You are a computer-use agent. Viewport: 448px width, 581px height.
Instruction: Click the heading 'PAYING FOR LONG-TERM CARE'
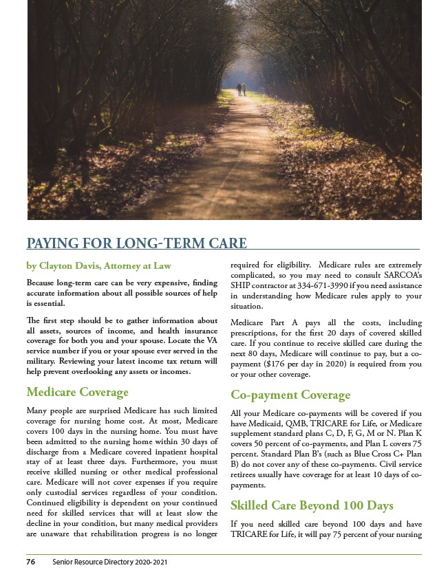(136, 243)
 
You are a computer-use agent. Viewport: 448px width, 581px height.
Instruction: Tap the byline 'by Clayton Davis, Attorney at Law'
(98, 265)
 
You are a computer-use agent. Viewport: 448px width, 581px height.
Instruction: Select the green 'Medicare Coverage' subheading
(77, 393)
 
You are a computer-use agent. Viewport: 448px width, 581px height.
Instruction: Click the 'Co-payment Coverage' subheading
(290, 395)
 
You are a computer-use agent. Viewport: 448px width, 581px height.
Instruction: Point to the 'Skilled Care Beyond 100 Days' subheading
(312, 505)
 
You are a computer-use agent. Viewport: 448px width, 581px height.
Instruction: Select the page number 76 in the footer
(31, 562)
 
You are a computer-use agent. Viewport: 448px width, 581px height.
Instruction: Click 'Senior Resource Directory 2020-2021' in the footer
(110, 562)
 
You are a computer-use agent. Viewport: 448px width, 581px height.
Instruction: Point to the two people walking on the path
(241, 89)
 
